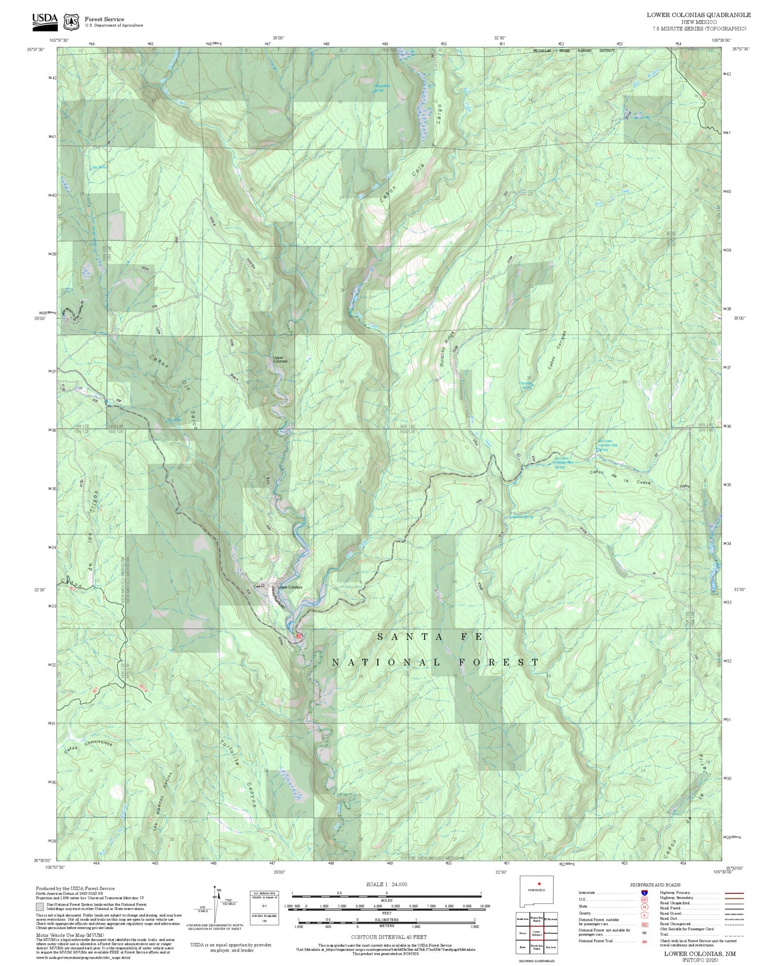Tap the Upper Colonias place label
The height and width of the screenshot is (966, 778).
pos(280,359)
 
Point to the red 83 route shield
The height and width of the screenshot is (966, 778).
pos(299,636)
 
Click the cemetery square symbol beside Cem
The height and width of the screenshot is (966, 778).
pos(263,586)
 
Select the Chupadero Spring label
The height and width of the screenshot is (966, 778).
pos(381,88)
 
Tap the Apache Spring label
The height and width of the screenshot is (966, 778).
pos(522,517)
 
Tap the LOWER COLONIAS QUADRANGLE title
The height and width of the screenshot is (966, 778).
pos(698,15)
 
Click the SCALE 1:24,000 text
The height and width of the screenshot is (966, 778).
pos(387,884)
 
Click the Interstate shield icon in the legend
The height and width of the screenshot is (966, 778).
pos(645,893)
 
